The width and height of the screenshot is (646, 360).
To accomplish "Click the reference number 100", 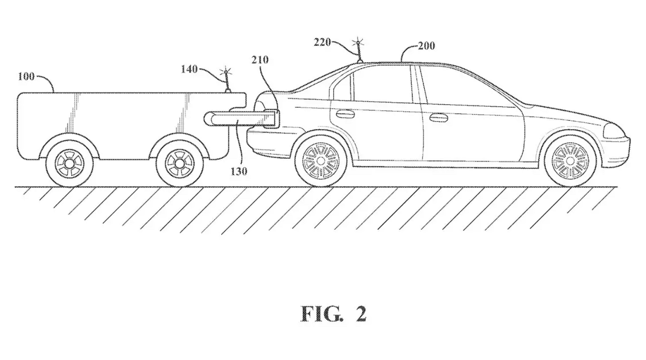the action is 26,76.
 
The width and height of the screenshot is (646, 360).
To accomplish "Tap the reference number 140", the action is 189,69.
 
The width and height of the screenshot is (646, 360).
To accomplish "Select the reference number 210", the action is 260,60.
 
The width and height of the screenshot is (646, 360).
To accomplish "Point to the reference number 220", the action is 322,43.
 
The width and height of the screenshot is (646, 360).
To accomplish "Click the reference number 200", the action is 426,46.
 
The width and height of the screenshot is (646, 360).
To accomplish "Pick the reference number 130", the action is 239,172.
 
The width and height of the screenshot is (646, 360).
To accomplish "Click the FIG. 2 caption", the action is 334,314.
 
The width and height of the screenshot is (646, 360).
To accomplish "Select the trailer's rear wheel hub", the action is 69,164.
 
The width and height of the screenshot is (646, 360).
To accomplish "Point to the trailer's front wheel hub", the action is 180,164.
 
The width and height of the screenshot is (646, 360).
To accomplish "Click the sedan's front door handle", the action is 438,118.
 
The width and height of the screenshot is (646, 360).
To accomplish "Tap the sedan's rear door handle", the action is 345,114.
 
